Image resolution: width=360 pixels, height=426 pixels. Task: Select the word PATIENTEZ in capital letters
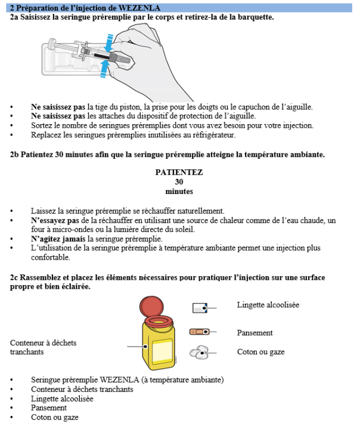coord(179,172)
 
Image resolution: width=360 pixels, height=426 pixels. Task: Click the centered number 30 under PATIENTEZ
coord(179,182)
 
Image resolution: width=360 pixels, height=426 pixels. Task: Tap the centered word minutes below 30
coord(179,192)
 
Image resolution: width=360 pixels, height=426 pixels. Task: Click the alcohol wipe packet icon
coord(199,307)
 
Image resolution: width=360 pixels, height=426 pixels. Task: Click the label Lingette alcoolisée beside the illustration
coord(268,305)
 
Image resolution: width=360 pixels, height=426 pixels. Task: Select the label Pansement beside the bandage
coord(255,333)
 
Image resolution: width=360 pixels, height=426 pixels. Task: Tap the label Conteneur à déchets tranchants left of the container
coord(43,347)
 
